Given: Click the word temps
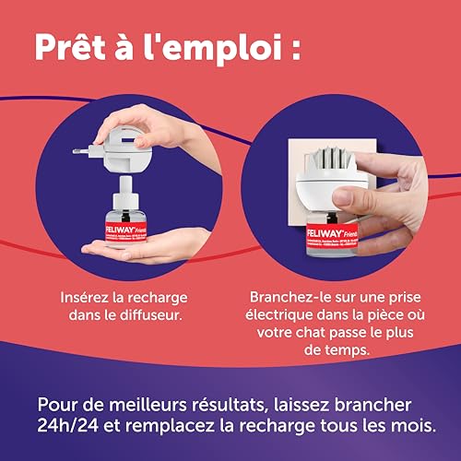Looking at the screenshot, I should click(x=347, y=349).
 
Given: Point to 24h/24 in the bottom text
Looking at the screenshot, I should click(x=71, y=426).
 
